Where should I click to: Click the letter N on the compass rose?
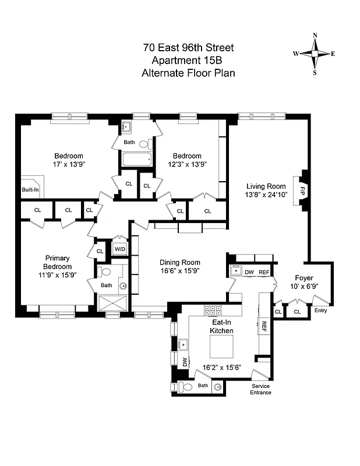315,36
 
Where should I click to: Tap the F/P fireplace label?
302,191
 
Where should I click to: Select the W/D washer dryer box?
119,250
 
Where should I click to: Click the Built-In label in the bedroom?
30,190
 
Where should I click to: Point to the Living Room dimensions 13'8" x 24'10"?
266,196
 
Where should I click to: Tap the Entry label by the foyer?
320,310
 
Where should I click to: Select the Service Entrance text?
261,389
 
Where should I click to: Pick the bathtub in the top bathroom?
136,159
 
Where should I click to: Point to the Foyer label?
304,278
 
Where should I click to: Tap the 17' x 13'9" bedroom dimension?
69,165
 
